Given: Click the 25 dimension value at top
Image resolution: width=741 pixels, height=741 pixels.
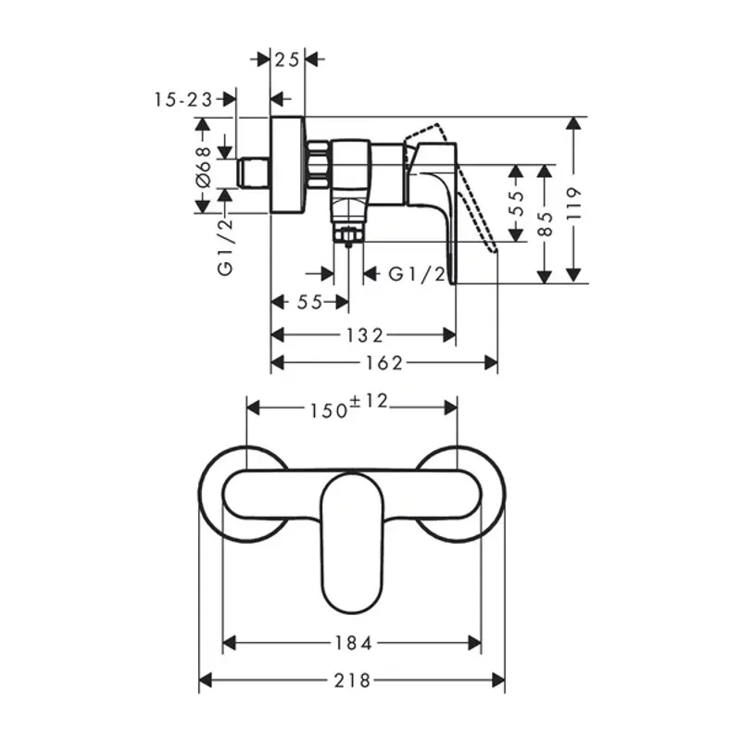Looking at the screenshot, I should click(x=288, y=59).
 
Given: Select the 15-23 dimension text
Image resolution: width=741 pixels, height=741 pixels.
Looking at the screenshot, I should click(x=183, y=98).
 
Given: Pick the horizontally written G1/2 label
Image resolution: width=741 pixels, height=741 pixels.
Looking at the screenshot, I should click(x=417, y=274).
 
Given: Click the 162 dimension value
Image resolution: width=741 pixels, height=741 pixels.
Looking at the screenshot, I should click(x=383, y=363).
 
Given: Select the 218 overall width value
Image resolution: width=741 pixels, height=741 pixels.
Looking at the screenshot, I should click(x=353, y=681).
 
